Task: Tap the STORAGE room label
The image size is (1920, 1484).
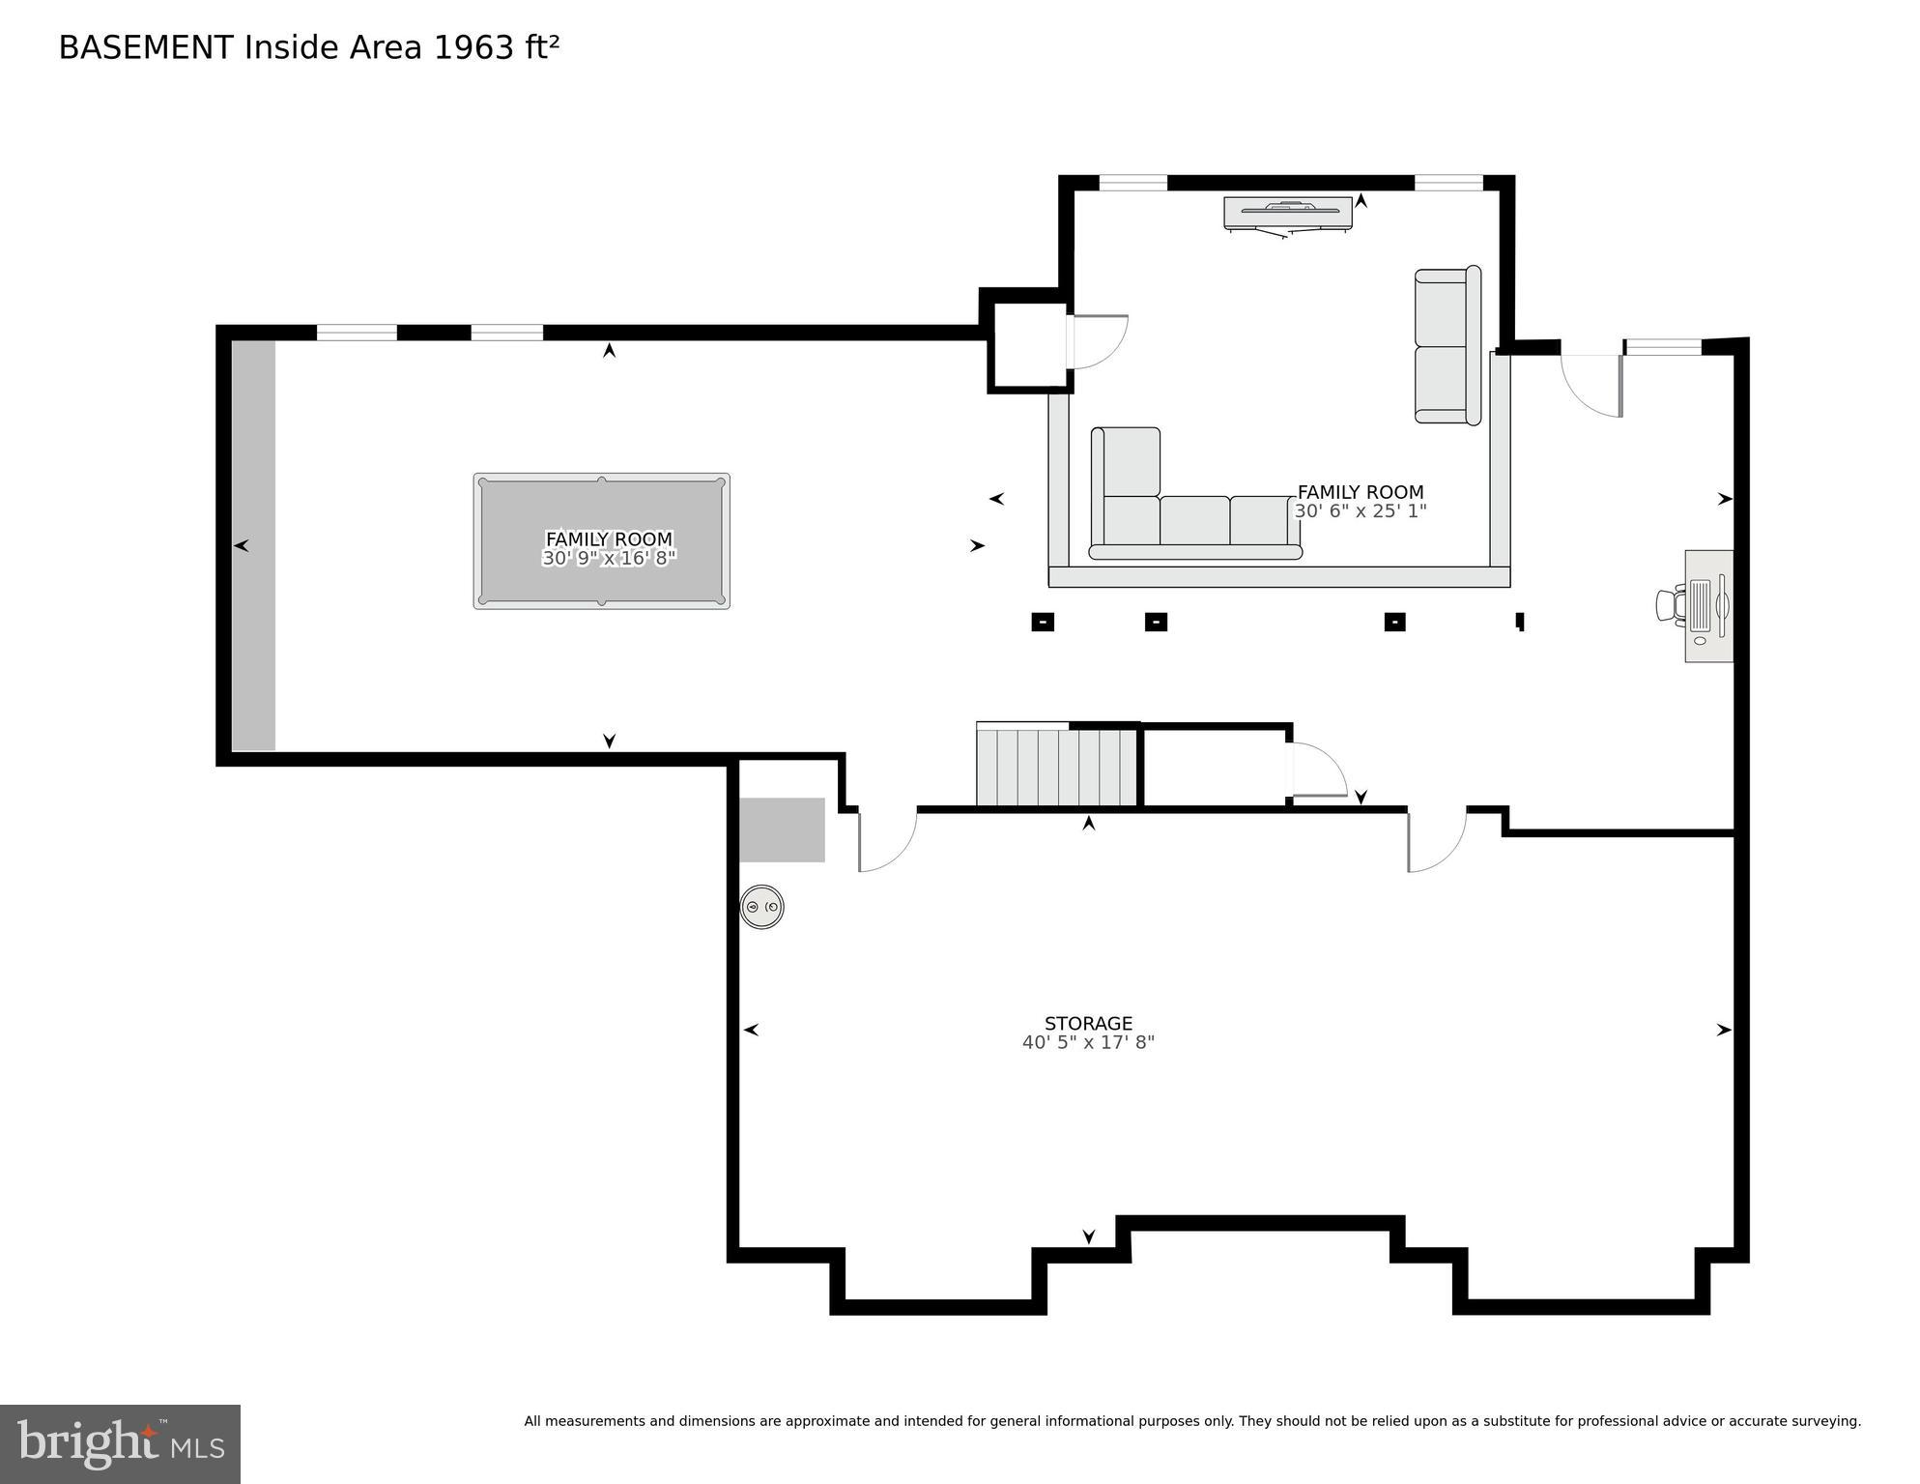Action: [x=1088, y=1023]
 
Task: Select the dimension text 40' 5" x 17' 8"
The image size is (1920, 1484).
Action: [x=1088, y=1042]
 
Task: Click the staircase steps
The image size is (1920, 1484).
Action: [x=1056, y=767]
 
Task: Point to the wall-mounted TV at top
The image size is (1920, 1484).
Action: [x=1288, y=213]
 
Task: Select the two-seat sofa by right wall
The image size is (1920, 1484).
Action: [x=1447, y=345]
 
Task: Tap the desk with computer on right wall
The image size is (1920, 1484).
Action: [x=1707, y=606]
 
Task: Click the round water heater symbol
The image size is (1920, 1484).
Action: [x=761, y=907]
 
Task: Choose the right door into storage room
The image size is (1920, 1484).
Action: [x=1435, y=841]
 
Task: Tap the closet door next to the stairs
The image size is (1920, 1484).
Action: [x=1317, y=771]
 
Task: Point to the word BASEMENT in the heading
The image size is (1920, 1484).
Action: [x=146, y=47]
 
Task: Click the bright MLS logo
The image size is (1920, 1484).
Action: [x=120, y=1443]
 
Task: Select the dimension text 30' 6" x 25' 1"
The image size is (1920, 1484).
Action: [x=1360, y=511]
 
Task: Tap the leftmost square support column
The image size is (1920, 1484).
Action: [x=1043, y=622]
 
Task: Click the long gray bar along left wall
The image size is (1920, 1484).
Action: [x=253, y=545]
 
